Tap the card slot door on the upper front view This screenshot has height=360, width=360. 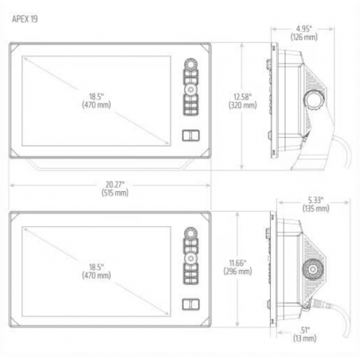[x=190, y=134]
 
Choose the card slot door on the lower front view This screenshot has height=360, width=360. [x=190, y=303]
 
